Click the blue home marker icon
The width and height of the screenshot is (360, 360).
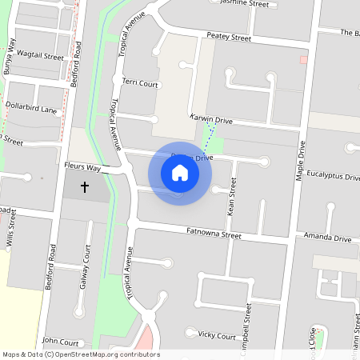[180, 173]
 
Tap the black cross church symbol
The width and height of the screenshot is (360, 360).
[86, 187]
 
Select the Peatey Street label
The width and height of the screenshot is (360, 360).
[229, 37]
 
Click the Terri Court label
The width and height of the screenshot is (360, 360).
[142, 82]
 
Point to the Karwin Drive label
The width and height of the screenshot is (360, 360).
[210, 119]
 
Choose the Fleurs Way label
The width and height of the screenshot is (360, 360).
[82, 168]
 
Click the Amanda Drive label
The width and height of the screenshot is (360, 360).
[327, 238]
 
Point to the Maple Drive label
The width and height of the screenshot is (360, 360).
[301, 162]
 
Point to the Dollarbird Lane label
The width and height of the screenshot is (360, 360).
[31, 107]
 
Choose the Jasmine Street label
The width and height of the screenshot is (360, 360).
[246, 4]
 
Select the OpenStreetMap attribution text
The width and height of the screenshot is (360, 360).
[81, 354]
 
